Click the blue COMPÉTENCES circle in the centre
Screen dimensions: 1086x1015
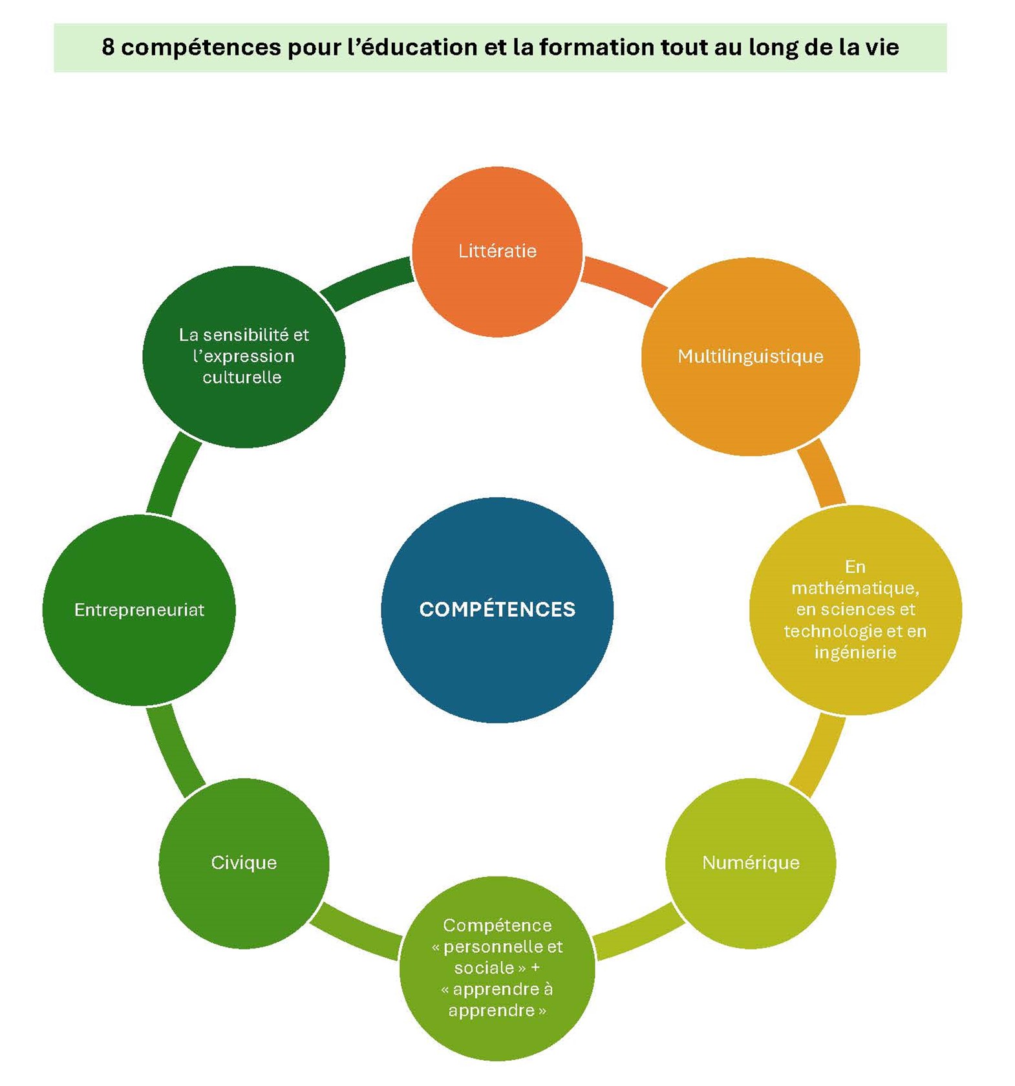click(x=497, y=609)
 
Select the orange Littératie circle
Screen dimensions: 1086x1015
click(x=497, y=251)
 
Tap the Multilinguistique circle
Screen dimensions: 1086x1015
click(x=750, y=356)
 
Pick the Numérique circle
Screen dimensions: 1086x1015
click(x=750, y=862)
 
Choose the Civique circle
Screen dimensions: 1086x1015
click(x=244, y=862)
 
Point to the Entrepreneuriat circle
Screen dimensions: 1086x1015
click(x=139, y=610)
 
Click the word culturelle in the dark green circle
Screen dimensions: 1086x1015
click(x=242, y=378)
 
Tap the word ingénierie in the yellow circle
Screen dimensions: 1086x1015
click(x=855, y=652)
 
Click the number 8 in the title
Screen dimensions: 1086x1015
click(x=108, y=47)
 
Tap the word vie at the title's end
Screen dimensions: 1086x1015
click(x=882, y=47)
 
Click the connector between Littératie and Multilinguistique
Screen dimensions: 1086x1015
click(x=624, y=281)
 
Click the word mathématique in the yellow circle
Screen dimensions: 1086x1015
click(x=855, y=588)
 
